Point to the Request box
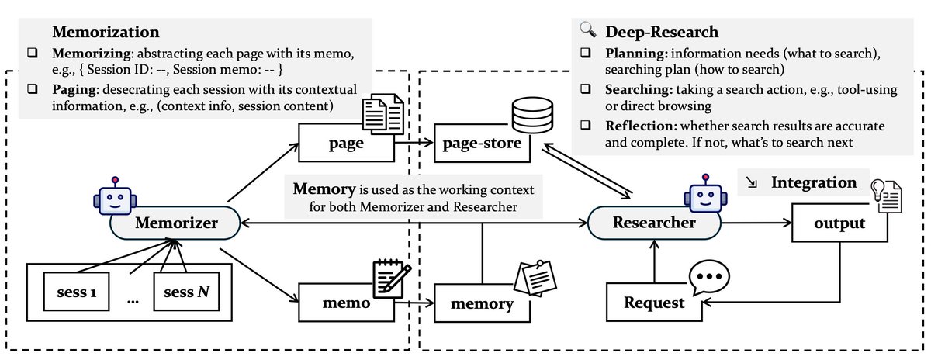pos(655,303)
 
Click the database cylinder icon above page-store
pos(531,116)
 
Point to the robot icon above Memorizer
pos(115,194)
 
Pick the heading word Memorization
pos(106,33)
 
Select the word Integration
pos(813,183)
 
